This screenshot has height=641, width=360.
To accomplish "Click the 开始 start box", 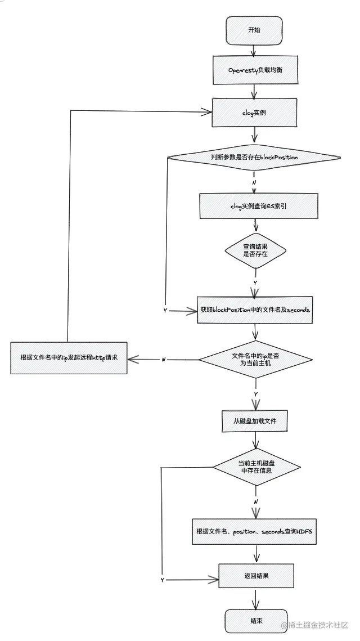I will [x=254, y=30].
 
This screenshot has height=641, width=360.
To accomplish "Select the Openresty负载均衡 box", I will [x=254, y=70].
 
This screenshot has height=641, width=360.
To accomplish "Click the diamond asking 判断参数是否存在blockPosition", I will [x=254, y=158].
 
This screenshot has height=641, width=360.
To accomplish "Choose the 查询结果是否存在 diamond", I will [x=255, y=250].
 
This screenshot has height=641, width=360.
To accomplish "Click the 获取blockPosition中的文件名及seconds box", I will [x=255, y=310].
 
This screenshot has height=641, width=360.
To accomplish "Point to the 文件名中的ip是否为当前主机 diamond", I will [x=255, y=359].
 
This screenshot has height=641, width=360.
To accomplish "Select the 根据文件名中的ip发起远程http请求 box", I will [x=69, y=357].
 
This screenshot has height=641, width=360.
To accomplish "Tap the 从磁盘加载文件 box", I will [x=255, y=420].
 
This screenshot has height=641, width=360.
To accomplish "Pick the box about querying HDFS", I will [x=254, y=531].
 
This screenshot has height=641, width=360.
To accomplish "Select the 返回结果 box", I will [x=256, y=576].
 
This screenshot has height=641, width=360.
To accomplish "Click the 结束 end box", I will [x=256, y=621].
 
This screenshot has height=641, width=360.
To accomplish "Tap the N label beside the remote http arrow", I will [x=164, y=359].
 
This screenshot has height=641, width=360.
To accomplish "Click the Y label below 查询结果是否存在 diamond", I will [x=255, y=282].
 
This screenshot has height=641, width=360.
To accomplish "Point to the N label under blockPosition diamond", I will [x=254, y=183].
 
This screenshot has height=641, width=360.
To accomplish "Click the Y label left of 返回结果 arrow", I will [x=163, y=580].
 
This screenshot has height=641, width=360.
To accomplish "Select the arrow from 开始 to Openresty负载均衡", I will [x=254, y=50].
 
